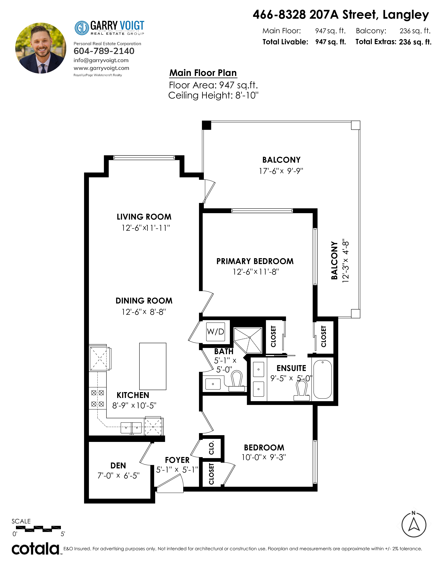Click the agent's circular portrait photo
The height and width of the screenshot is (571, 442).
pos(41,48)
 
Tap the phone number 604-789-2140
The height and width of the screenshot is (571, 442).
pos(104,51)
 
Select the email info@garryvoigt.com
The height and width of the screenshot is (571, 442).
pos(101,60)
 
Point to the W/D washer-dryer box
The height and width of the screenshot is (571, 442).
pos(215,332)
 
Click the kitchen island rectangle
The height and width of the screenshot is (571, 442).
pos(153,366)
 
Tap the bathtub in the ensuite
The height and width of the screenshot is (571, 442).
pos(323,379)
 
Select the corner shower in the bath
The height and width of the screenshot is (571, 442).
pos(248,340)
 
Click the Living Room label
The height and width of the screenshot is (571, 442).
pos(144,217)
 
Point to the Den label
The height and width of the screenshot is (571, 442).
pos(118,466)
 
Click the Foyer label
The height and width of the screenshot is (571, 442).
pos(177,460)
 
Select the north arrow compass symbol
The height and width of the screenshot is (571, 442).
pos(414,524)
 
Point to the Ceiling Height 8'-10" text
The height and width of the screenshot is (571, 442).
pos(213,96)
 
